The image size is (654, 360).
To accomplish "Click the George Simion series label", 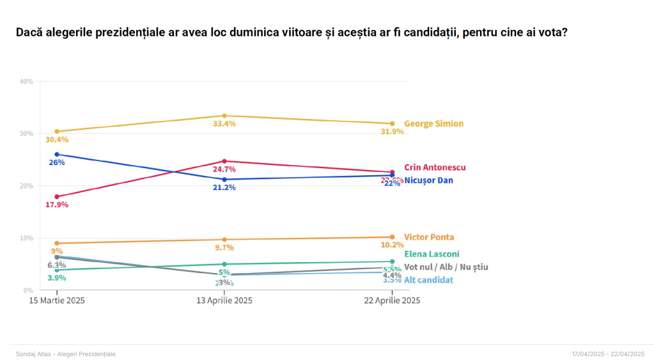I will pyautogui.click(x=433, y=123).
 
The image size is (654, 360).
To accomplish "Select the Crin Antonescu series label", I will pyautogui.click(x=435, y=168).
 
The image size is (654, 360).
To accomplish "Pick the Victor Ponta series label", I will pyautogui.click(x=429, y=237).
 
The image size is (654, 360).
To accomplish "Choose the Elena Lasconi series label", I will pyautogui.click(x=432, y=254).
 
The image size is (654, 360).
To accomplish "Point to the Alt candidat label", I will pyautogui.click(x=428, y=280).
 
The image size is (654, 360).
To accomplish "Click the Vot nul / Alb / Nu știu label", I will pyautogui.click(x=446, y=267).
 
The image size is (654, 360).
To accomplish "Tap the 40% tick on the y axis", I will pyautogui.click(x=26, y=82).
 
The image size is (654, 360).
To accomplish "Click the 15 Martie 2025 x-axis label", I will pyautogui.click(x=57, y=301).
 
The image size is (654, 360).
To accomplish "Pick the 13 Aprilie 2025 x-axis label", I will pyautogui.click(x=224, y=301).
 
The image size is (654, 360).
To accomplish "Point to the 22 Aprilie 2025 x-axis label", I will pyautogui.click(x=392, y=301).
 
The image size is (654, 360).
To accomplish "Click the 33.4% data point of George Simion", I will pyautogui.click(x=224, y=116).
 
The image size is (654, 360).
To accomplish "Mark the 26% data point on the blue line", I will pyautogui.click(x=57, y=154).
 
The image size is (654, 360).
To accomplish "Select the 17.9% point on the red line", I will pyautogui.click(x=57, y=196).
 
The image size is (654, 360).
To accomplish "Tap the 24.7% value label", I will pyautogui.click(x=224, y=169).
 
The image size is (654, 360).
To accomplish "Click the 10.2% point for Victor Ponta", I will pyautogui.click(x=392, y=237).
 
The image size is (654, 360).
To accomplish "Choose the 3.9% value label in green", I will pyautogui.click(x=57, y=278).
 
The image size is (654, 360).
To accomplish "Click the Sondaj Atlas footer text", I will pyautogui.click(x=65, y=354).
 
